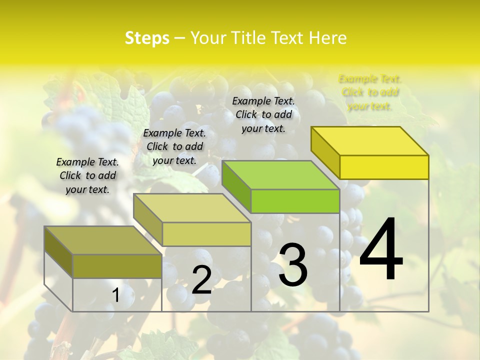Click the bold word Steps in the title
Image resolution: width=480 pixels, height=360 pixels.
click(147, 38)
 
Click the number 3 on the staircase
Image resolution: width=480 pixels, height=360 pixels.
click(293, 265)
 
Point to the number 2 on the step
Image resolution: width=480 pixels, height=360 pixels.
click(201, 280)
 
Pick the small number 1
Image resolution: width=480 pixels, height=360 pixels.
click(115, 295)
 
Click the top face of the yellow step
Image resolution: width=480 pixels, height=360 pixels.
click(370, 140)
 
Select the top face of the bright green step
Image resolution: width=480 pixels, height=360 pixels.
click(280, 175)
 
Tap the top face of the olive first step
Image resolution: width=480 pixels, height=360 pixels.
click(102, 240)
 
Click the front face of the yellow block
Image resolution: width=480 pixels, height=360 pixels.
click(384, 167)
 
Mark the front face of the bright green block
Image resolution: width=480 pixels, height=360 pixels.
click(295, 201)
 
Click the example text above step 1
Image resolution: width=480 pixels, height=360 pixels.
click(87, 175)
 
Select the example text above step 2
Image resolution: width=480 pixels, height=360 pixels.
click(174, 146)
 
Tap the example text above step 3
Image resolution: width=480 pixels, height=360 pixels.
click(263, 114)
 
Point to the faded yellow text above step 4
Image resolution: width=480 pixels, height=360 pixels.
click(370, 92)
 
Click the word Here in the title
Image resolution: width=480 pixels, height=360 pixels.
click(327, 38)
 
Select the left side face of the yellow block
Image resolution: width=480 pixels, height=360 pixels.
click(325, 151)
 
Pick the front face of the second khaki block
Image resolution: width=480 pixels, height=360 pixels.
click(206, 234)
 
